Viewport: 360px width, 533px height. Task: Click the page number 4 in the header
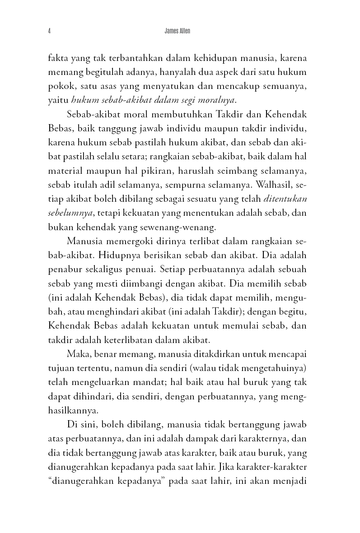[x=48, y=32]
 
